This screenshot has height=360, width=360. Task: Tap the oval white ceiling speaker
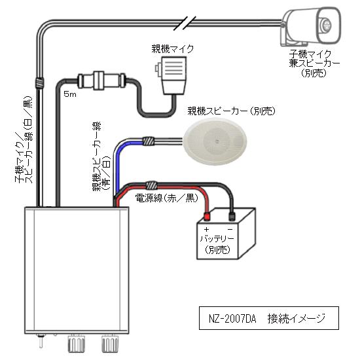(x=215, y=141)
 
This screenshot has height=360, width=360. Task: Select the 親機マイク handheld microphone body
(x=173, y=75)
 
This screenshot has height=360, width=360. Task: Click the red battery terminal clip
(x=207, y=216)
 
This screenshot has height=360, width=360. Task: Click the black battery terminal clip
(x=232, y=216)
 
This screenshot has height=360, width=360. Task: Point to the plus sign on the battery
(x=207, y=229)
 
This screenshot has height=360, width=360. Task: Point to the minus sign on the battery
(x=230, y=229)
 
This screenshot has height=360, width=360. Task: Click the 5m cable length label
(x=70, y=94)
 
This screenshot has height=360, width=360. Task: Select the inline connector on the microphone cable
(x=101, y=81)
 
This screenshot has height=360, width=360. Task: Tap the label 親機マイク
(x=173, y=49)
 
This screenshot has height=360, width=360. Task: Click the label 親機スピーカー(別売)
(x=231, y=111)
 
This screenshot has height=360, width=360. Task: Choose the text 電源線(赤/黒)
(x=167, y=198)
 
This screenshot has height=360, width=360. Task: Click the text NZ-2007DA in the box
(x=232, y=319)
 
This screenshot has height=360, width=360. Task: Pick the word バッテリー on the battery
(x=217, y=238)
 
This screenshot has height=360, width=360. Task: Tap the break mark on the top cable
(x=185, y=23)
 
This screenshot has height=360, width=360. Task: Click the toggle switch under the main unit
(x=41, y=341)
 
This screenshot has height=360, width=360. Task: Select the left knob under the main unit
(x=76, y=343)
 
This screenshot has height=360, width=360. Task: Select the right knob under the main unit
(x=110, y=343)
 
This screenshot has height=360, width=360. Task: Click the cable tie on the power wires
(x=152, y=185)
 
